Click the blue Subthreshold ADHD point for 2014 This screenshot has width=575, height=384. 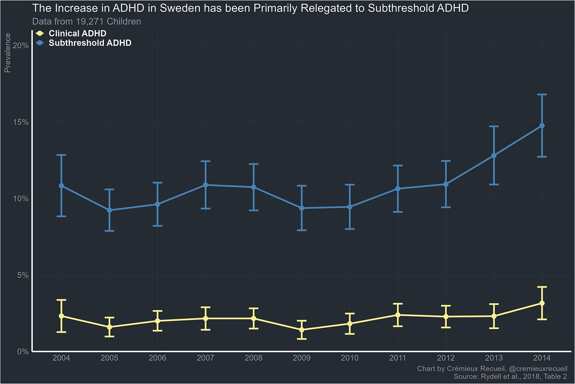542,126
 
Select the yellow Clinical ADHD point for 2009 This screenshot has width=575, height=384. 302,329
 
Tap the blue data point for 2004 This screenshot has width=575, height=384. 61,185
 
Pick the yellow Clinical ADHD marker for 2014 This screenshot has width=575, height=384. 542,303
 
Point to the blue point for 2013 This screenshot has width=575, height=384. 494,155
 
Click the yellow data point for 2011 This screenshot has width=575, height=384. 398,315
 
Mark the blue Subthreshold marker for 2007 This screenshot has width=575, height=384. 205,185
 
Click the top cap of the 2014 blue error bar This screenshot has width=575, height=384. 542,95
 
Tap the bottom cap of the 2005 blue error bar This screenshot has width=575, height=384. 109,231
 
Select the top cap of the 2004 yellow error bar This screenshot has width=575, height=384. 61,300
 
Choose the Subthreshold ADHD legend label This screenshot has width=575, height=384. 90,43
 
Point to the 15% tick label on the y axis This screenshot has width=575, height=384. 21,122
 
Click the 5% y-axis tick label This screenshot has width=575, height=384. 23,275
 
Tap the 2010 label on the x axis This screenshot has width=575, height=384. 350,358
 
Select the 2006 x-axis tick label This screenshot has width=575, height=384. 157,358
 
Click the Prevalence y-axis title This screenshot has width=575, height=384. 8,53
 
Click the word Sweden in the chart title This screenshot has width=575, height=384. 179,8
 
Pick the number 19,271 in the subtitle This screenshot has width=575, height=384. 88,22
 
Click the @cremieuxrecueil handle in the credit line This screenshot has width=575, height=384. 538,369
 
